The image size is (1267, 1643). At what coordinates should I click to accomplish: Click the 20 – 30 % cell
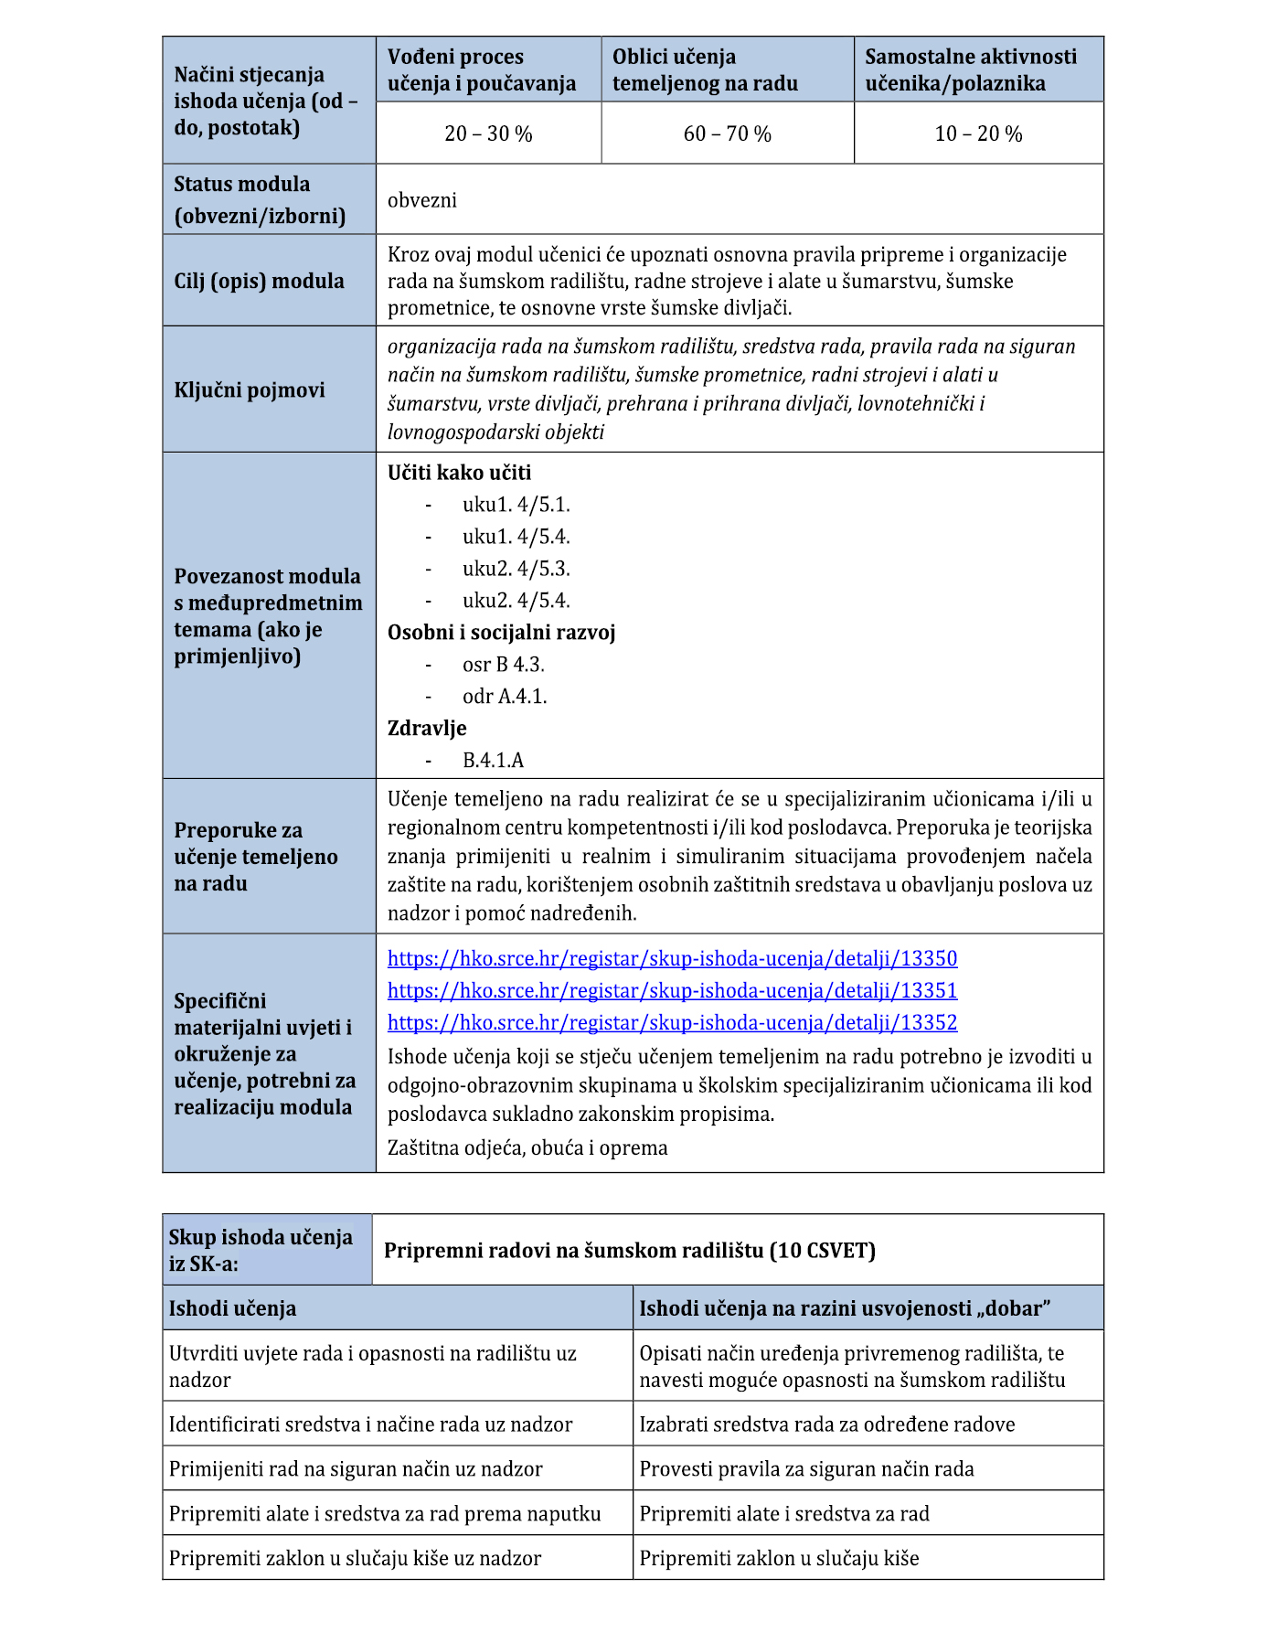tap(488, 133)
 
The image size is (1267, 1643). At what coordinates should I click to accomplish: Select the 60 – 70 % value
tap(727, 133)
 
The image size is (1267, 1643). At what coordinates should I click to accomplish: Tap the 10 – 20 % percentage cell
tap(978, 133)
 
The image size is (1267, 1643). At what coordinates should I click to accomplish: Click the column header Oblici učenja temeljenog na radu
tap(705, 70)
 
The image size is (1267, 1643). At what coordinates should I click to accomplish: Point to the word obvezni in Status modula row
tap(422, 200)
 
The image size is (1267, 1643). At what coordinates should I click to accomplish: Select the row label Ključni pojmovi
tap(250, 390)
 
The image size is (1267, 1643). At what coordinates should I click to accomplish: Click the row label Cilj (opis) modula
tap(259, 281)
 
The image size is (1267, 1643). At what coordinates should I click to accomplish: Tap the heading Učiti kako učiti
tap(459, 473)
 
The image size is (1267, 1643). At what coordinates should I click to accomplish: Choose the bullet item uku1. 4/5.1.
tap(516, 505)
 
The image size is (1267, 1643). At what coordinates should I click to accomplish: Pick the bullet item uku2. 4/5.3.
tap(516, 569)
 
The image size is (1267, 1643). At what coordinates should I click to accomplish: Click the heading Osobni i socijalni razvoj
tap(501, 633)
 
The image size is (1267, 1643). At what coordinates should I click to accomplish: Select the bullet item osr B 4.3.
tap(503, 665)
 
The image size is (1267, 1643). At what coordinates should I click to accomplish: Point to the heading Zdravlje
tap(427, 729)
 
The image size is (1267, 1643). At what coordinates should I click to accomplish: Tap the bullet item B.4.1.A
tap(493, 761)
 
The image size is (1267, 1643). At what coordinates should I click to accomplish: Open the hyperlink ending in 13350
tap(672, 958)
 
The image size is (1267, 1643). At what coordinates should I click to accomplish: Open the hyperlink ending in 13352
tap(672, 1022)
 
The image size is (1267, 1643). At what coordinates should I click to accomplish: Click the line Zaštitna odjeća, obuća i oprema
tap(527, 1148)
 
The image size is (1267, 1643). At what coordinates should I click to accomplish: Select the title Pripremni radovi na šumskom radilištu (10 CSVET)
tap(630, 1251)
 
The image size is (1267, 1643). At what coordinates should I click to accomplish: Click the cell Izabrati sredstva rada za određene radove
tap(826, 1424)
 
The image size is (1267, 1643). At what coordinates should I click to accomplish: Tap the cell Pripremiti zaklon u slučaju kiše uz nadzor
tap(355, 1558)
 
